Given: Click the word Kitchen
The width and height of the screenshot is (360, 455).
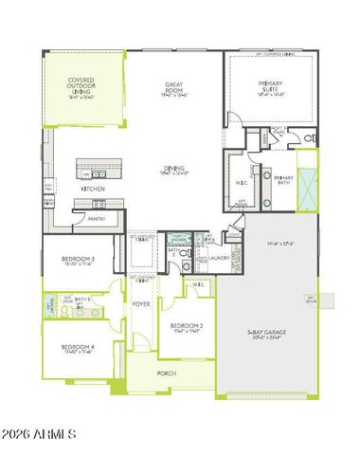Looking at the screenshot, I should click(92, 189).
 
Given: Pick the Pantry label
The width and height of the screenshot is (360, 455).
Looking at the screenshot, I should click(97, 218).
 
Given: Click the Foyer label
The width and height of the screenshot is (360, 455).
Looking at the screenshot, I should click(141, 304).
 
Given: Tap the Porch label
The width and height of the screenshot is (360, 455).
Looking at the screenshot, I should click(167, 373).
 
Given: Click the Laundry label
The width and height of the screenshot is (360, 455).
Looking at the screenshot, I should click(220, 257).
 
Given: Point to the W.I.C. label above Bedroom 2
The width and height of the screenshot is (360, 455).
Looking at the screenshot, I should click(199, 284).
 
